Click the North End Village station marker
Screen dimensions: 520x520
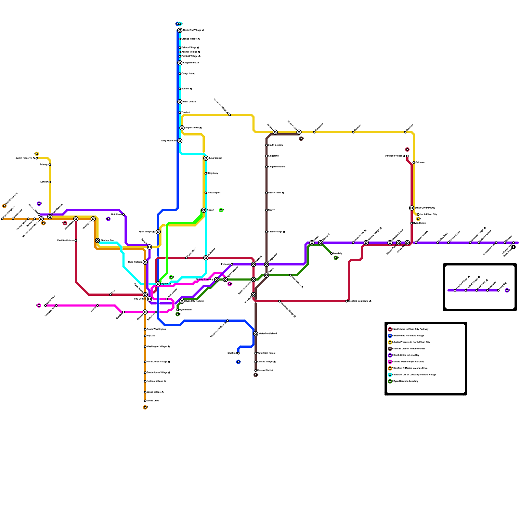pos(180,30)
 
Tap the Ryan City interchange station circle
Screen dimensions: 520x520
pos(158,284)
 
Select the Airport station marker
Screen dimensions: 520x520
pos(204,210)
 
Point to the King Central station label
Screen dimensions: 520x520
pos(215,158)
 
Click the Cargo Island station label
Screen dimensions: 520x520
pos(188,74)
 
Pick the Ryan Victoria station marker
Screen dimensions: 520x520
pos(145,262)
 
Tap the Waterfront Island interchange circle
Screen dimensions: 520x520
pos(256,334)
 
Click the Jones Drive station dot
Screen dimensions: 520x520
pos(145,401)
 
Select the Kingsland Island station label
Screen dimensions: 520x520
pos(277,167)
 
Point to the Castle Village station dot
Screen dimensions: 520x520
pos(266,232)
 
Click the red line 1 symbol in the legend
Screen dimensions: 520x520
pos(390,329)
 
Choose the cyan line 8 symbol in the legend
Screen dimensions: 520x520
pos(390,375)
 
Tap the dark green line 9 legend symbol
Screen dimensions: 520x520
pos(390,381)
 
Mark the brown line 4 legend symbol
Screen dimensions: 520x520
pos(390,349)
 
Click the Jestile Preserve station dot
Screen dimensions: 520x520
pos(37,158)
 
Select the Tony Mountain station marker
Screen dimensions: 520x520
pos(180,141)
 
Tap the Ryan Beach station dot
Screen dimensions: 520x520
pos(178,310)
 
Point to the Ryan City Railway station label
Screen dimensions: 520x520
pos(194,301)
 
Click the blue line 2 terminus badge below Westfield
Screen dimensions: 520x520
pos(238,362)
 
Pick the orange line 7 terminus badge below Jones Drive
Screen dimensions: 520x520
pos(145,407)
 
